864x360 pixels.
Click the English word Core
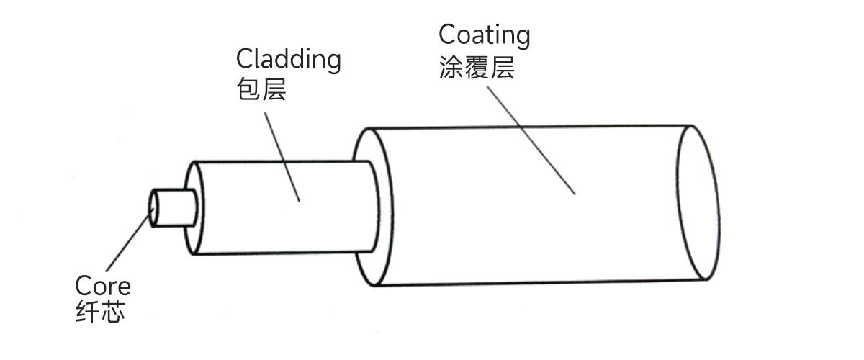point(103,286)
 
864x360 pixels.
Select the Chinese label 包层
point(261,91)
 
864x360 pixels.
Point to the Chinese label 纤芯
point(100,313)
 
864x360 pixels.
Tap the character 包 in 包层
point(247,91)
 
